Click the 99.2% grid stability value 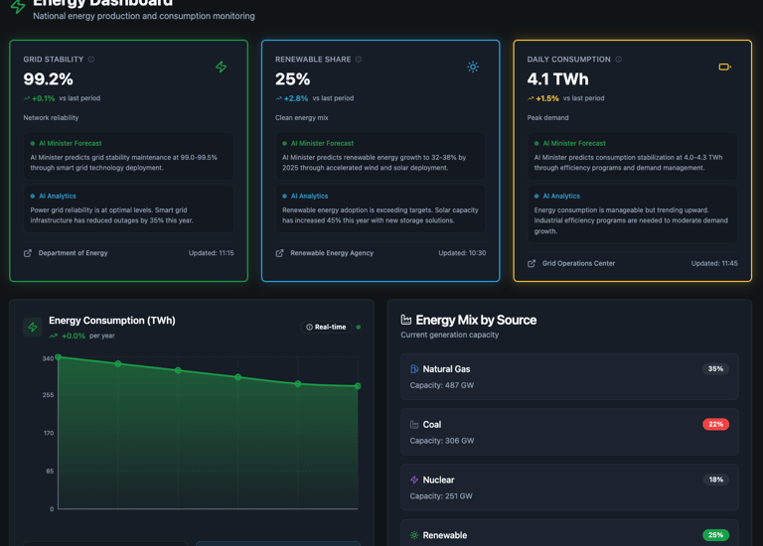point(49,79)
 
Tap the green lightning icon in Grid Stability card point(221,67)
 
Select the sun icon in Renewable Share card point(473,67)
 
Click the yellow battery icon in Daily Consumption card point(724,67)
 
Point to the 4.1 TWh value point(557,79)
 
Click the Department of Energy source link point(73,253)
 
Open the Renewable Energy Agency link point(332,253)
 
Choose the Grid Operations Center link point(578,263)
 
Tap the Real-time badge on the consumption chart point(327,327)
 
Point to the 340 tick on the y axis point(48,358)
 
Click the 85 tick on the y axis point(50,472)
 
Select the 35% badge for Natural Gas point(715,369)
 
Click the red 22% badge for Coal point(715,424)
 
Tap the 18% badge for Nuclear point(715,479)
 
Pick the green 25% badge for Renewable point(715,535)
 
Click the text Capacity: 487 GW point(442,385)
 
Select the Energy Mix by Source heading point(476,320)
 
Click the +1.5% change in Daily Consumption point(546,98)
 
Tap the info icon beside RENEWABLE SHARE point(359,60)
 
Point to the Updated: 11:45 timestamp point(714,263)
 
